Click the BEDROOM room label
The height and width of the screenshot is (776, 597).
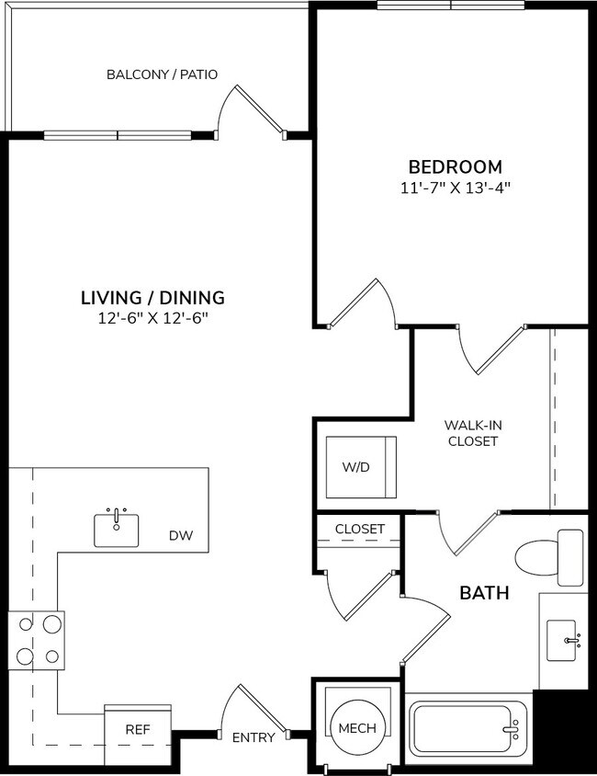pos(455,166)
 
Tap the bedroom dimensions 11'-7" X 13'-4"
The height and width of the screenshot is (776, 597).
pos(455,188)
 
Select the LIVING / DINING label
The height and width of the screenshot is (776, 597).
pos(152,297)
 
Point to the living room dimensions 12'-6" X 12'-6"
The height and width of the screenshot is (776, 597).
pos(152,318)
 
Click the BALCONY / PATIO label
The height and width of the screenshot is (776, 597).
pos(162,74)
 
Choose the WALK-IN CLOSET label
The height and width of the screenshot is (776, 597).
pos(472,432)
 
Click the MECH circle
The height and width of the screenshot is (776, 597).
pos(357,728)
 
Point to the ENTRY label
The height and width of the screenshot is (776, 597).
pos(253,737)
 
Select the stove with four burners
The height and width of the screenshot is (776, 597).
pos(37,640)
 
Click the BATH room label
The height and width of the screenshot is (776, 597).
pos(484,593)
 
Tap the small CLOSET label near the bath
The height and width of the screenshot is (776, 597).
pos(359,529)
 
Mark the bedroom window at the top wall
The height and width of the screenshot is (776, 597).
pos(450,6)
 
